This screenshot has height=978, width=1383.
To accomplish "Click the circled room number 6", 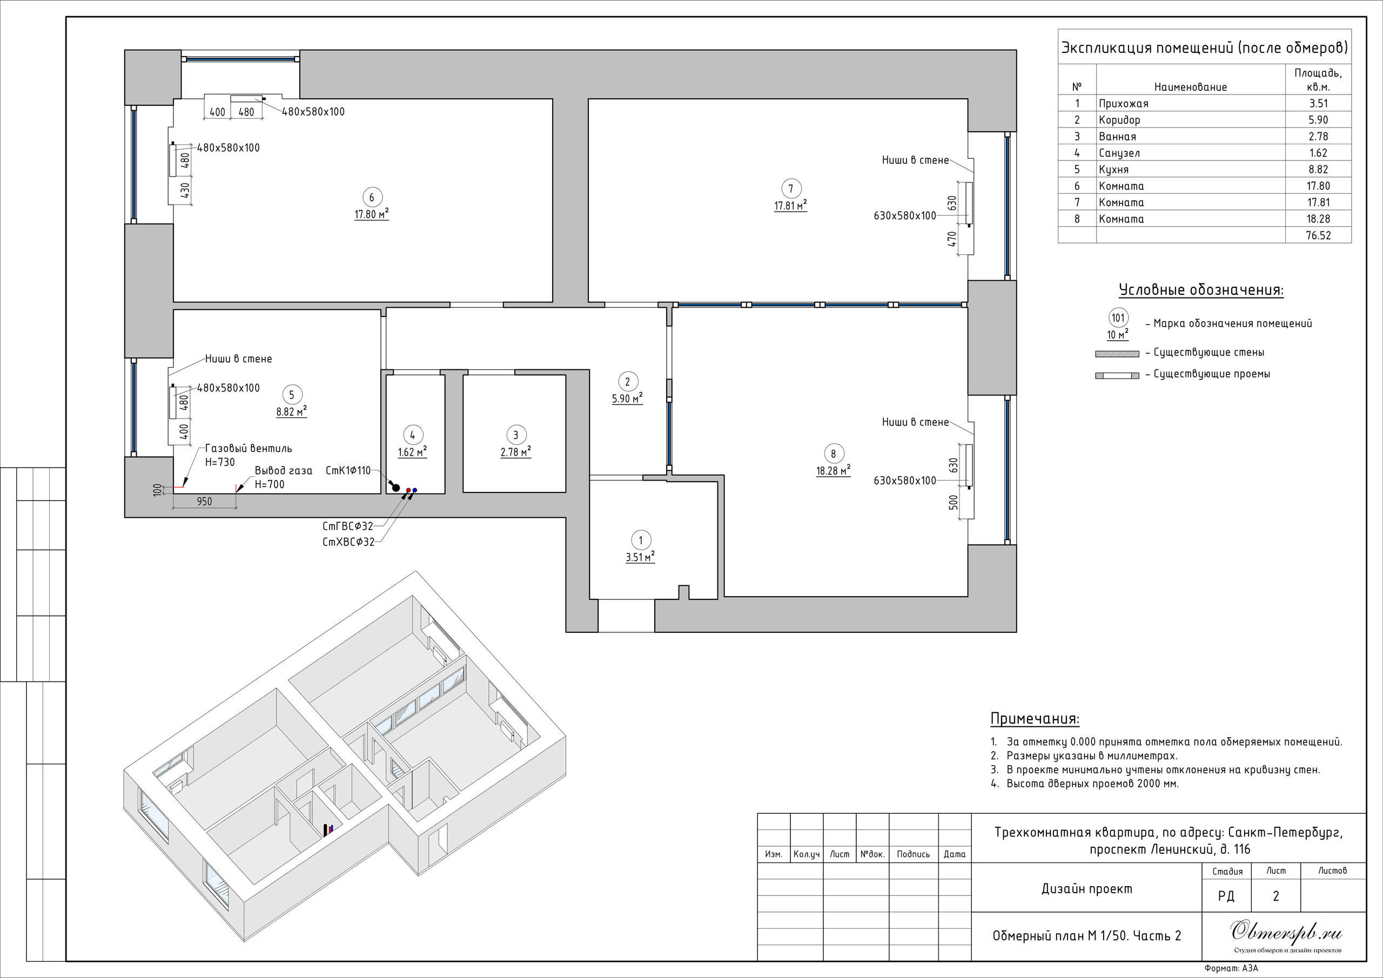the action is pyautogui.click(x=372, y=197).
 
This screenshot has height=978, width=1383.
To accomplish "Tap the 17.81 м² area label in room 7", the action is pyautogui.click(x=790, y=206).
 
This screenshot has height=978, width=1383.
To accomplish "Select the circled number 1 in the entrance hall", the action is pyautogui.click(x=640, y=540).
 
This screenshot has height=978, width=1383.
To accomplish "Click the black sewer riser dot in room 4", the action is pyautogui.click(x=396, y=487).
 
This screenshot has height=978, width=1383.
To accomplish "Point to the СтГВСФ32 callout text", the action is pyautogui.click(x=347, y=527).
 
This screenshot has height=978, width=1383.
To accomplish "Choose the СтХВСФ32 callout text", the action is pyautogui.click(x=348, y=542).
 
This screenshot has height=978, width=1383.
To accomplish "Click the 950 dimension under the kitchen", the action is pyautogui.click(x=204, y=502).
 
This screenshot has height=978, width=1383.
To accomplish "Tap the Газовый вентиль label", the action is pyautogui.click(x=248, y=449).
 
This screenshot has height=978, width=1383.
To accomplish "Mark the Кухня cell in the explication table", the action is pyautogui.click(x=1114, y=170).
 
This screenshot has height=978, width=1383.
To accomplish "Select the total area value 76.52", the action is pyautogui.click(x=1318, y=235).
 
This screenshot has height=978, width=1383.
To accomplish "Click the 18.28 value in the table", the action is pyautogui.click(x=1318, y=219).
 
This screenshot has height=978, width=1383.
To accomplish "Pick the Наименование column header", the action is pyautogui.click(x=1190, y=87).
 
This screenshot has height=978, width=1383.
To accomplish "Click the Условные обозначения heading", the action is pyautogui.click(x=1201, y=291).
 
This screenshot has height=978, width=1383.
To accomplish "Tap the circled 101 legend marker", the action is pyautogui.click(x=1118, y=318).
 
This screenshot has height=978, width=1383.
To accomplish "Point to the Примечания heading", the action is pyautogui.click(x=1035, y=719).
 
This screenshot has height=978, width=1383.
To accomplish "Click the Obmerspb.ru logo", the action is pyautogui.click(x=1285, y=932).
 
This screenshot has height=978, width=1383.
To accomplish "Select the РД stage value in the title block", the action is pyautogui.click(x=1226, y=896).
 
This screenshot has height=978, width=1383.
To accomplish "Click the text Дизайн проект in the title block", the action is pyautogui.click(x=1086, y=889).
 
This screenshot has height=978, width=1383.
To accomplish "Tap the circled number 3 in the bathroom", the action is pyautogui.click(x=515, y=435).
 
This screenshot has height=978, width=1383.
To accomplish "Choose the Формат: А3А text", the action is pyautogui.click(x=1232, y=969).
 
